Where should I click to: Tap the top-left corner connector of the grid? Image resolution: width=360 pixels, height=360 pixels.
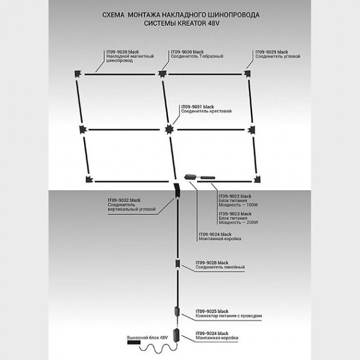click(78, 74)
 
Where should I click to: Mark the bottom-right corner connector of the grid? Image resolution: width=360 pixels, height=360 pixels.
click(256, 178)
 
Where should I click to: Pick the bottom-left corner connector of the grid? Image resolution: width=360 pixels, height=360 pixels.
click(89, 178)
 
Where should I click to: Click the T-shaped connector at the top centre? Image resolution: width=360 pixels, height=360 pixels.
click(161, 74)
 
